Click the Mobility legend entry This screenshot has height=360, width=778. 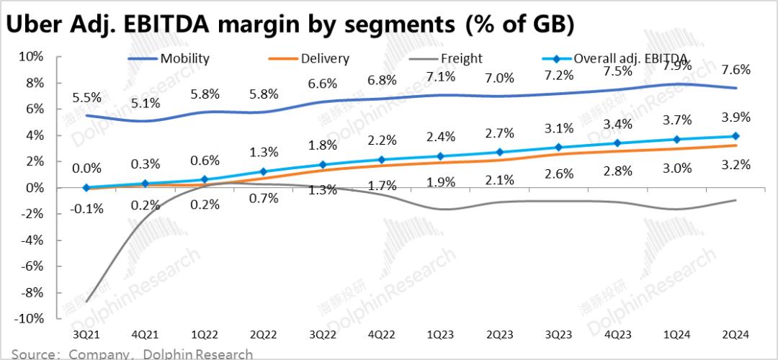click(x=184, y=59)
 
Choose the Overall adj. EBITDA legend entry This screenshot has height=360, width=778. click(x=630, y=59)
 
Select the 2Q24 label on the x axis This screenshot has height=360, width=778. click(x=735, y=336)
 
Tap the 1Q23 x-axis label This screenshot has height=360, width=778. click(x=439, y=336)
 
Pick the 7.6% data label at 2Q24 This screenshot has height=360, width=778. click(x=735, y=70)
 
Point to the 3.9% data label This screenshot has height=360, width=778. click(x=735, y=117)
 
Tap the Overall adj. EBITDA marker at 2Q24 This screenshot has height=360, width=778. click(x=735, y=136)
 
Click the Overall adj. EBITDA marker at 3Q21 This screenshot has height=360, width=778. click(x=86, y=187)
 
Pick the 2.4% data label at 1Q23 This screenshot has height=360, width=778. click(x=439, y=137)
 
